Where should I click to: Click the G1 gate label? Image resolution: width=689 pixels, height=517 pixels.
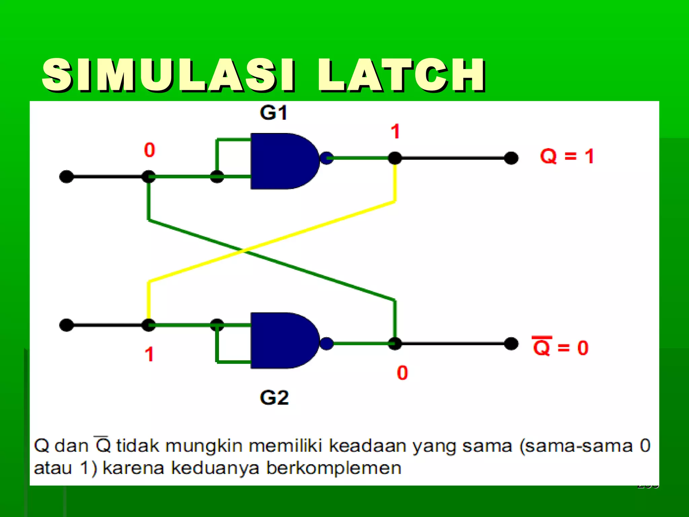274,113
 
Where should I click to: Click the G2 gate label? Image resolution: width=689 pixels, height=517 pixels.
274,398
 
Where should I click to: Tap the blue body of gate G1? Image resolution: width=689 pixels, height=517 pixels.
283,161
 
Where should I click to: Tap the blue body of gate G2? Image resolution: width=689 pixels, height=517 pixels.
283,340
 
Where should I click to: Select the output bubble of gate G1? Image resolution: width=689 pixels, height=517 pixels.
326,158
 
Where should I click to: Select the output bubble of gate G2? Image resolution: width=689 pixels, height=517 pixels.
326,344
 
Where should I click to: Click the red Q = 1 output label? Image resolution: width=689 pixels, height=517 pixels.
567,157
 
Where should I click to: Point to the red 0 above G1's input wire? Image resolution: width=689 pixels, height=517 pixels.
149,150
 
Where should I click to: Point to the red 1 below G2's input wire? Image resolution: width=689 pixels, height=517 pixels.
149,354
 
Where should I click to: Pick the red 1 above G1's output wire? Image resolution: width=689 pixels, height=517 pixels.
395,131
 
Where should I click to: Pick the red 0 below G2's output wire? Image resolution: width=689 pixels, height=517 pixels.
402,373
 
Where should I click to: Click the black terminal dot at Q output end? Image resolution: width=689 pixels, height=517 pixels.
511,158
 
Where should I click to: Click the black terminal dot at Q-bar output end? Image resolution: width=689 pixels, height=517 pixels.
511,344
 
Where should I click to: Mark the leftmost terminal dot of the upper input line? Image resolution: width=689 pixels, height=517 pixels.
66,177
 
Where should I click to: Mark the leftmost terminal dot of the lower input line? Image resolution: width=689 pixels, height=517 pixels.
66,325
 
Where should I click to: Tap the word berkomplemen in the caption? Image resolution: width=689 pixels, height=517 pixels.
334,468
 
